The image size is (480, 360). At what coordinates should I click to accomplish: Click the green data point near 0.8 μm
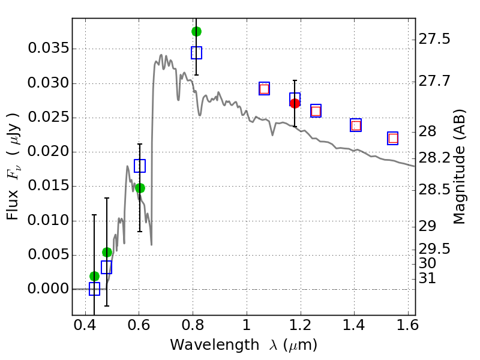(x=196, y=31)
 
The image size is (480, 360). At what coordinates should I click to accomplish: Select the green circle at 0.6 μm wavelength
(x=140, y=188)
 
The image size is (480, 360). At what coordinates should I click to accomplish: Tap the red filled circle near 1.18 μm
(x=295, y=103)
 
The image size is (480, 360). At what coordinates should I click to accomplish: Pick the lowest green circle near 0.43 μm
(x=94, y=276)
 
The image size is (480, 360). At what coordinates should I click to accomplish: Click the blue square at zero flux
(x=94, y=289)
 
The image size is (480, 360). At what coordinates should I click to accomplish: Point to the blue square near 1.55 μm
(x=393, y=138)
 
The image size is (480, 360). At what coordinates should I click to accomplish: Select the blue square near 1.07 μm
(x=264, y=88)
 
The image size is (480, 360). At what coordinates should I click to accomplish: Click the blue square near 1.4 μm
(x=356, y=125)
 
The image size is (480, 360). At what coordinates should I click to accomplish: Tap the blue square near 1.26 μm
(x=316, y=110)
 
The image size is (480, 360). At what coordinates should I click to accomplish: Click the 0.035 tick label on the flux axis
(x=48, y=49)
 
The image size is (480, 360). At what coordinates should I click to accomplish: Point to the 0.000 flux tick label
(x=48, y=289)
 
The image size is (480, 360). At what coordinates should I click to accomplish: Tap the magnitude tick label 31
(x=427, y=278)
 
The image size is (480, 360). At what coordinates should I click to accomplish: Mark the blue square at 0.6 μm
(x=140, y=166)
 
